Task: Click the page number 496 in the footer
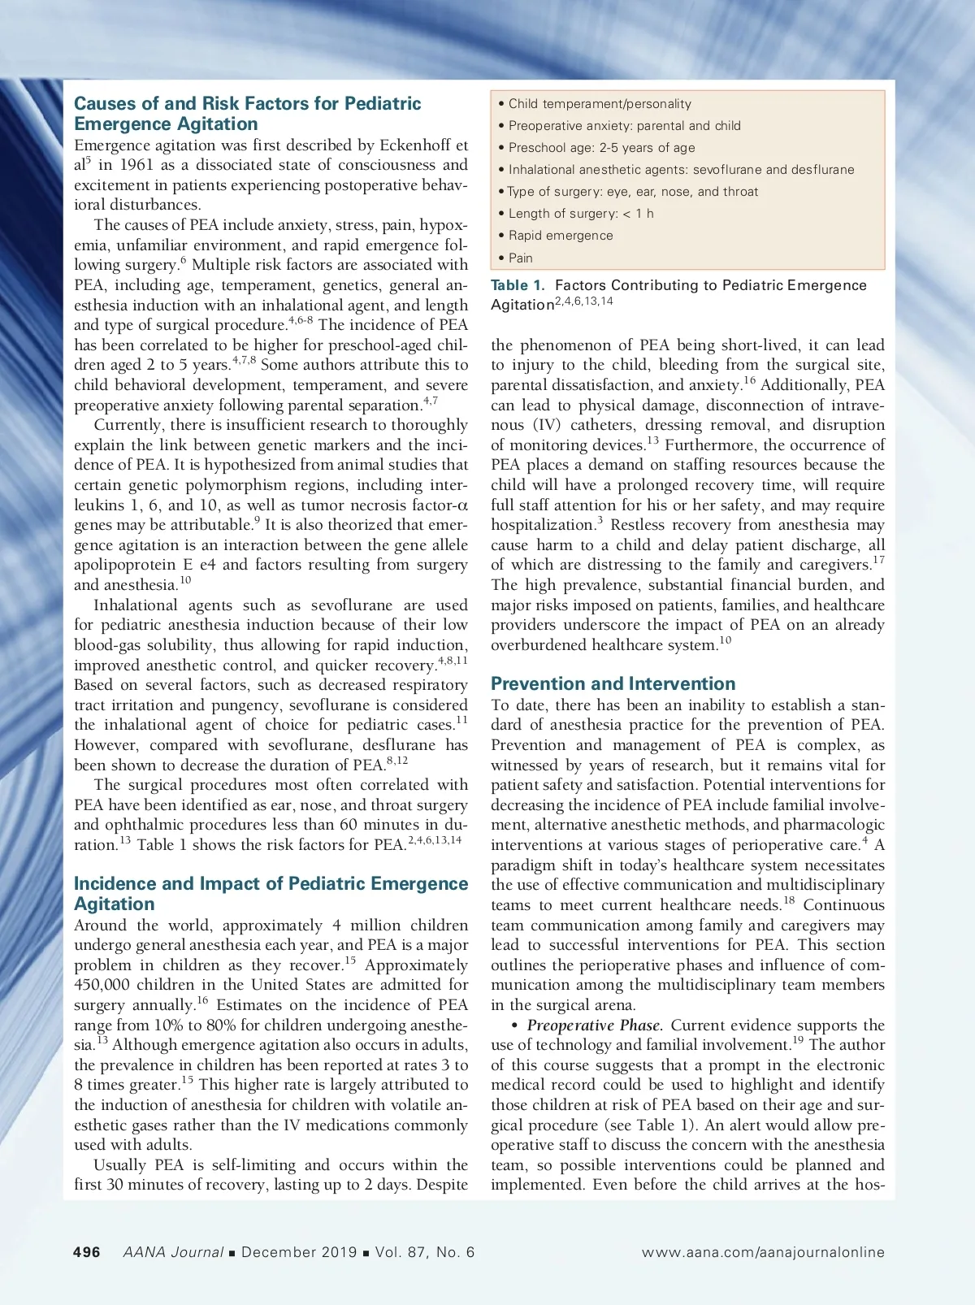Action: point(87,1252)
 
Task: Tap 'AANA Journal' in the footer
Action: point(173,1252)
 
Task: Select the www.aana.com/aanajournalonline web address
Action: point(763,1252)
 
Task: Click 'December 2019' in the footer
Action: point(299,1252)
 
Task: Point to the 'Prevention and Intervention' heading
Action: point(613,683)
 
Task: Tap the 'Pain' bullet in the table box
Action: point(520,258)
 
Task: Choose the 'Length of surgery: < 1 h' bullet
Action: point(581,214)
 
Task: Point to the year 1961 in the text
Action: point(136,165)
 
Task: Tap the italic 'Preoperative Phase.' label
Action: point(595,1025)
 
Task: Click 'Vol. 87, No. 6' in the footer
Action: point(425,1252)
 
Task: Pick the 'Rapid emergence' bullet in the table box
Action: point(561,236)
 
